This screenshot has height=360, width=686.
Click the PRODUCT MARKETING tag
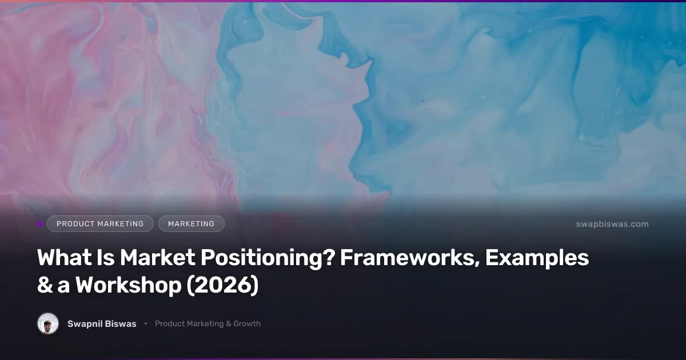pos(100,224)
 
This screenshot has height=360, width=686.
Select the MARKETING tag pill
pos(191,224)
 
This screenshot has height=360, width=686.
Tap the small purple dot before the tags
pos(39,224)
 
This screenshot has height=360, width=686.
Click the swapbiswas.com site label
pos(612,224)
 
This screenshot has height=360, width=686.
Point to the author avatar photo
pos(48,323)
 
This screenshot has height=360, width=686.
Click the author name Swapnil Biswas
pos(102,323)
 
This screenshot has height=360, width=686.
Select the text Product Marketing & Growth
pos(208,323)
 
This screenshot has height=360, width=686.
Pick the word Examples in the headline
pos(537,258)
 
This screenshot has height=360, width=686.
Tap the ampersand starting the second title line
pos(44,286)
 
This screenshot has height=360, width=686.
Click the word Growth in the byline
pos(247,323)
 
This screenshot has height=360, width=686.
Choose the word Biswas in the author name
pos(121,323)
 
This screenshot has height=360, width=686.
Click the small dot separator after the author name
pos(146,323)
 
